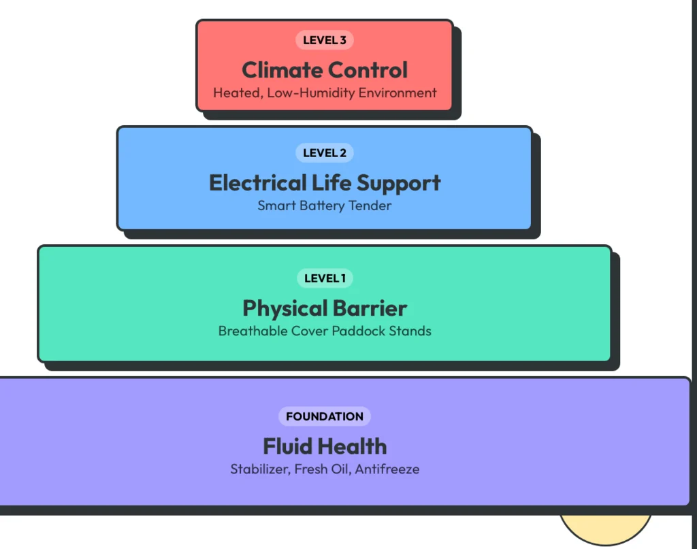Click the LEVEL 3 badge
click(325, 40)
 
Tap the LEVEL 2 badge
click(325, 153)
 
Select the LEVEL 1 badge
click(325, 278)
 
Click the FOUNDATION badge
click(325, 416)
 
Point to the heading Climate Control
click(325, 70)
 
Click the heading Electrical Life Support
click(325, 183)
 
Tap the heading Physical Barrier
click(325, 308)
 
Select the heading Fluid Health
click(325, 446)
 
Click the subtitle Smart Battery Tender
click(325, 205)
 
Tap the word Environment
click(398, 93)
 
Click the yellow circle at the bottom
click(605, 529)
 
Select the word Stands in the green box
click(412, 331)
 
